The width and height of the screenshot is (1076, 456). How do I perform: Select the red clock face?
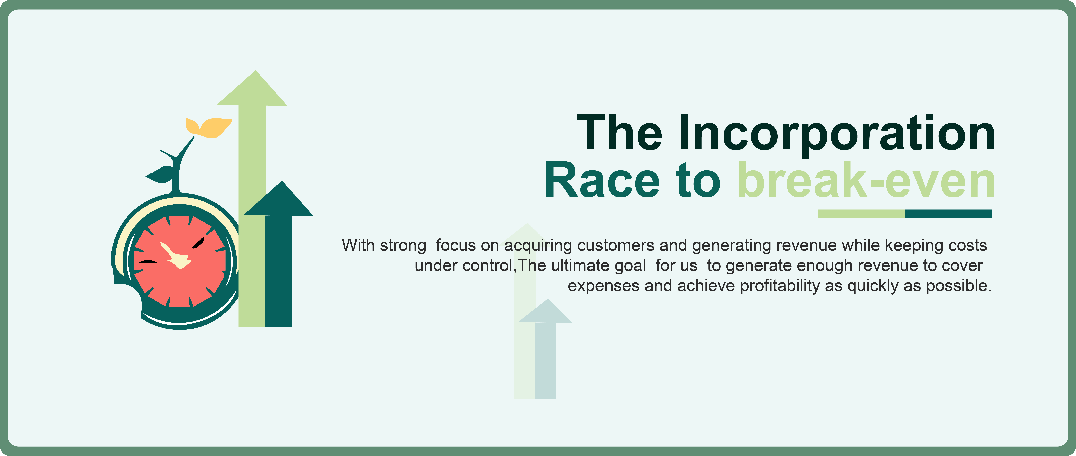tap(180, 261)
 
